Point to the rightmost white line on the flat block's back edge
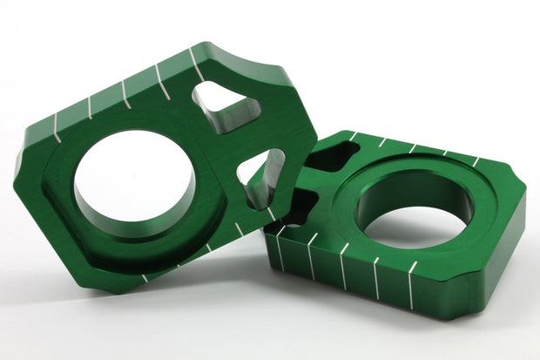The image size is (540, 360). pyautogui.click(x=475, y=161)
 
